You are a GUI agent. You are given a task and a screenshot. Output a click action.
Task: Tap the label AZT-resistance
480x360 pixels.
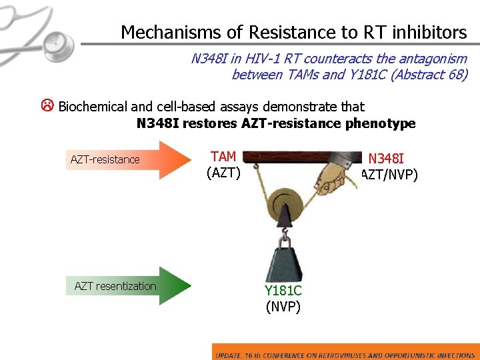[105, 159]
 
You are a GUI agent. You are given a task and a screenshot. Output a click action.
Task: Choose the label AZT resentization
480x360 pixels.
[115, 286]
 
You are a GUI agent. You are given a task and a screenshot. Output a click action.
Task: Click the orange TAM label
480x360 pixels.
[223, 157]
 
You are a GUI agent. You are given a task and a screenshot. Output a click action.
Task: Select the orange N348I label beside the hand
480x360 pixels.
[386, 159]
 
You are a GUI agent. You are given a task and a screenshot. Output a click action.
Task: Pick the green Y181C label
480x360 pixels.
[283, 291]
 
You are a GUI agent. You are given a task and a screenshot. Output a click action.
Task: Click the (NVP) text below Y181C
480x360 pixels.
[283, 307]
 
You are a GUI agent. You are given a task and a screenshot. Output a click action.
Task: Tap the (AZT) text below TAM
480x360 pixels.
[223, 173]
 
